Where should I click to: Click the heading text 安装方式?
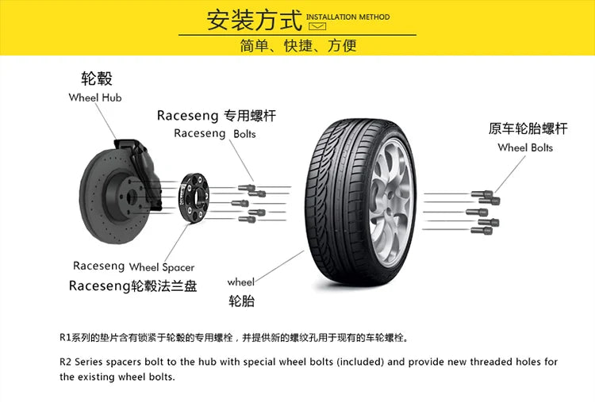click(254, 18)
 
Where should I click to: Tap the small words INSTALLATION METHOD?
click(347, 17)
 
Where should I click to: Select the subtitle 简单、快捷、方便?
click(297, 45)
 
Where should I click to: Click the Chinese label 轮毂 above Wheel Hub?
click(97, 78)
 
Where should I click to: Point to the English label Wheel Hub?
click(95, 98)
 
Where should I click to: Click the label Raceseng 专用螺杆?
click(216, 115)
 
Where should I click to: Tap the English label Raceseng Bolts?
click(214, 133)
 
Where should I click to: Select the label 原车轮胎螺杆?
click(528, 128)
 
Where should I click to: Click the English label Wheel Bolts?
click(525, 147)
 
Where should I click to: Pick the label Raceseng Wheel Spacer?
click(133, 266)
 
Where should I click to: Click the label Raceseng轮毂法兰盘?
click(132, 285)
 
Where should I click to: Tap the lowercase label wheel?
click(240, 281)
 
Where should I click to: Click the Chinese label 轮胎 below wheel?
click(241, 301)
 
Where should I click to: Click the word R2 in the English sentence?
click(66, 362)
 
